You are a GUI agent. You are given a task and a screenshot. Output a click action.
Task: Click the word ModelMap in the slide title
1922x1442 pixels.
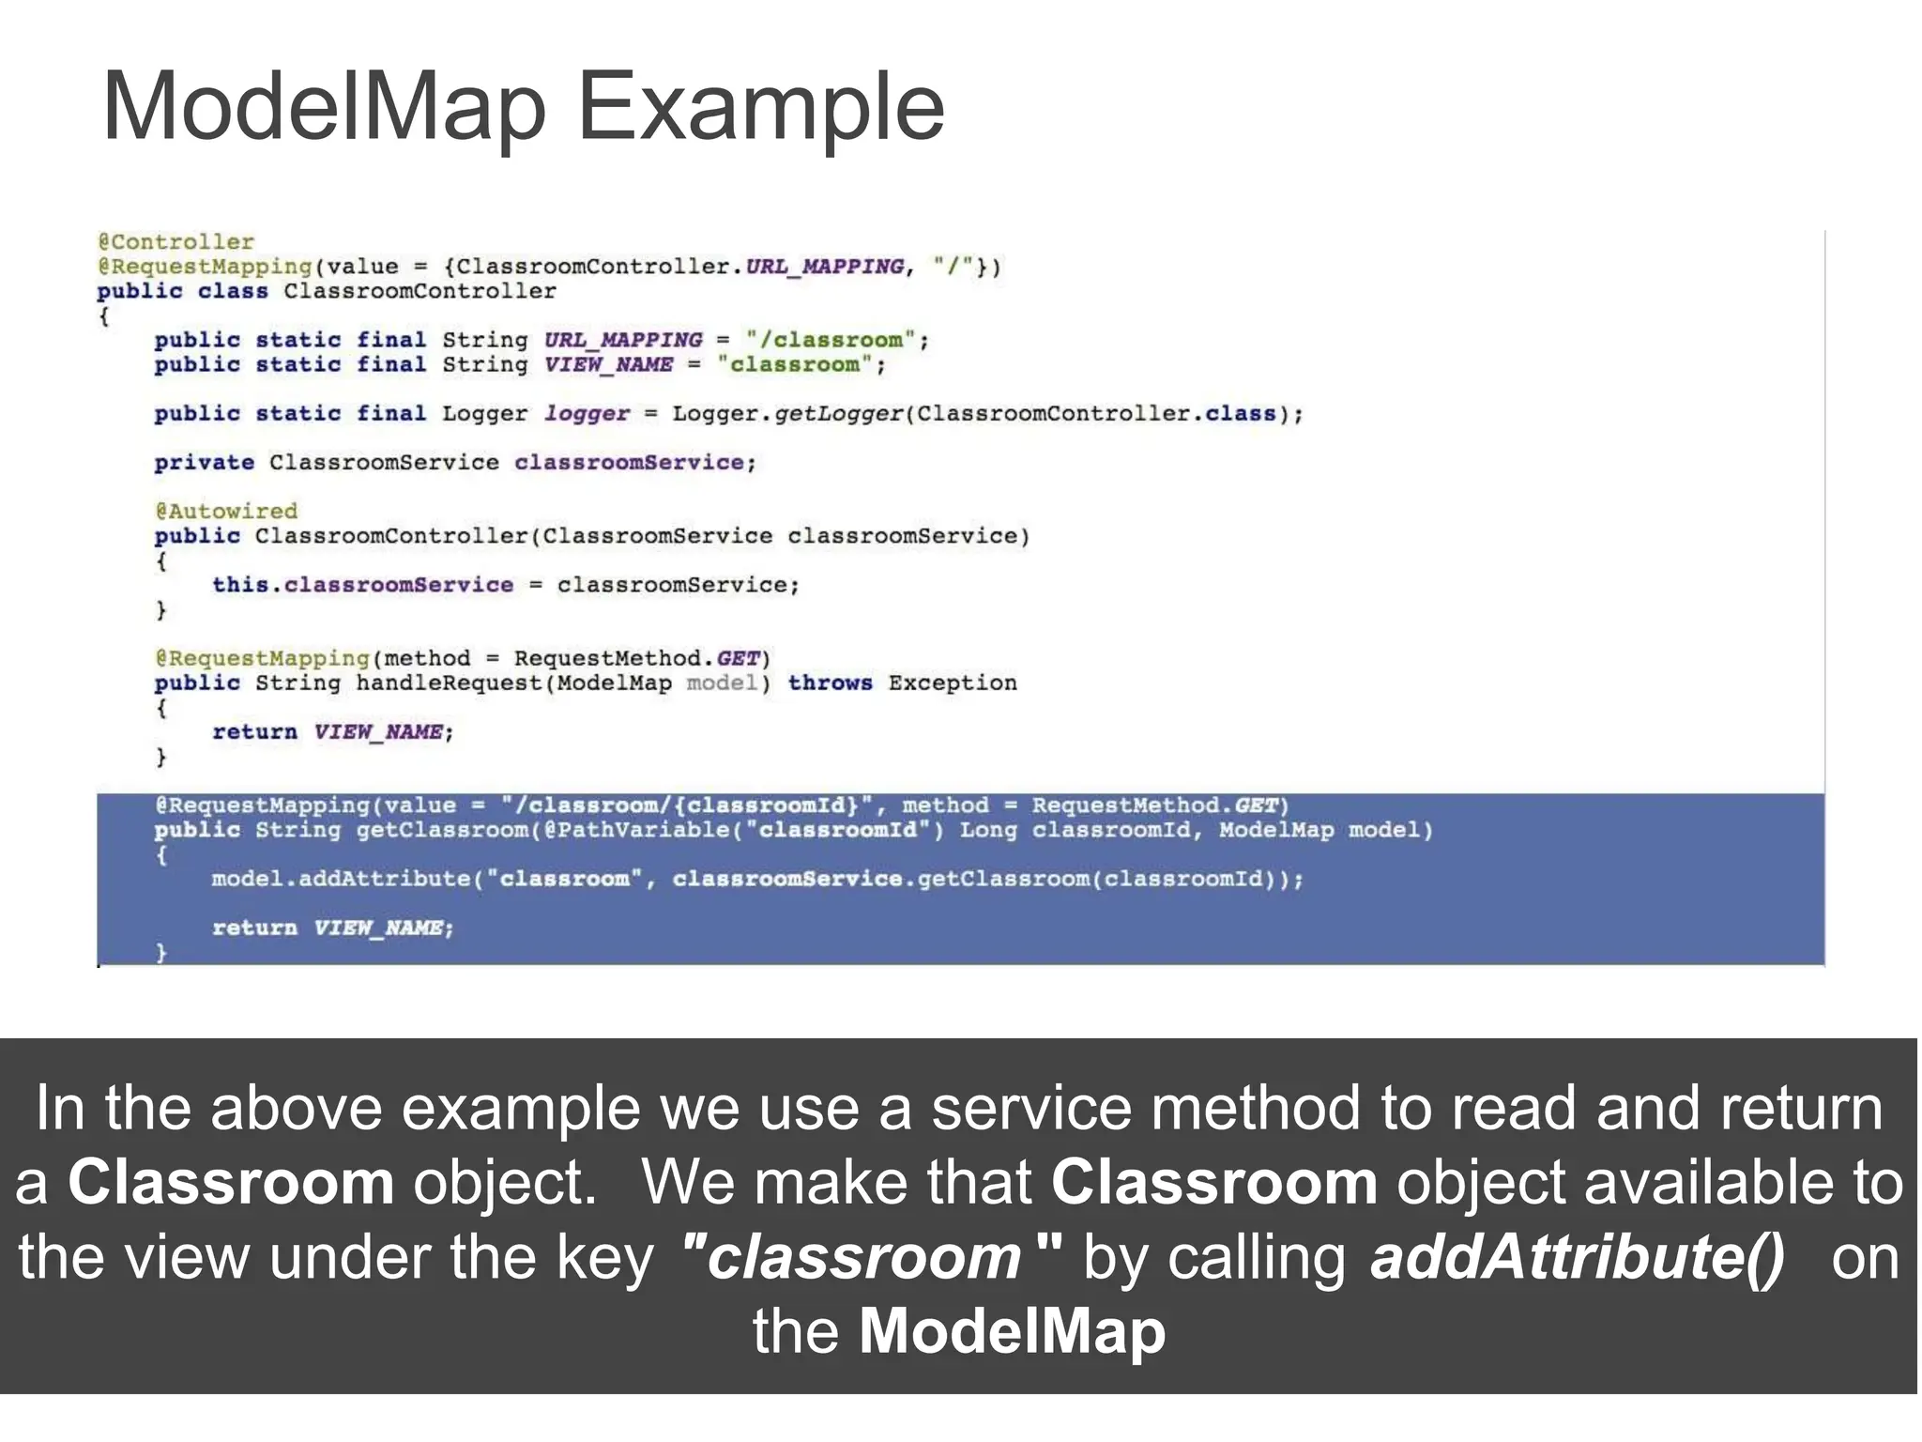[324, 107]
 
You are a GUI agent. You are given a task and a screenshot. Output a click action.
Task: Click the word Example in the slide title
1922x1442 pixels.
[760, 109]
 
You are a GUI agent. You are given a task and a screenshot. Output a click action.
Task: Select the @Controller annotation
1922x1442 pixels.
[175, 242]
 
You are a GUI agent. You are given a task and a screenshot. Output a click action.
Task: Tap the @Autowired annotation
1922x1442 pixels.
[226, 511]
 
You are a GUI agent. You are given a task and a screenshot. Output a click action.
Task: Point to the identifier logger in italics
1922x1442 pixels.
[587, 413]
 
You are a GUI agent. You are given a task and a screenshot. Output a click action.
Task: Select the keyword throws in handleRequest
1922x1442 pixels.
[830, 683]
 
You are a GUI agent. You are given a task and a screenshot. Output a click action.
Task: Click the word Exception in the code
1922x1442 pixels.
[952, 683]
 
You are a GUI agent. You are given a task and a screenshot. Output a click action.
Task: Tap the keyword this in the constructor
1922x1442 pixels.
[240, 584]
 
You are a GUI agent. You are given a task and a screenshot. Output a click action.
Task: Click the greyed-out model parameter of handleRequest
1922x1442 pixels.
[721, 683]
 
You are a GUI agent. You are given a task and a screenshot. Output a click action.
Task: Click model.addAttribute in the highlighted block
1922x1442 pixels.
[341, 879]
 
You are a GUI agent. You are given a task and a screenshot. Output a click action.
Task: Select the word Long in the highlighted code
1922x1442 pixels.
[987, 830]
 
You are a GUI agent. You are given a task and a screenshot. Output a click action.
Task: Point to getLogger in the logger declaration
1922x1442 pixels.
[839, 413]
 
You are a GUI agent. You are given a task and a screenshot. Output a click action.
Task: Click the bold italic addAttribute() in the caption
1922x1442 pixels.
[1577, 1257]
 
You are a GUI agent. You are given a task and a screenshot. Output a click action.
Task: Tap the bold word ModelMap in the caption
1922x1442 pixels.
[1012, 1331]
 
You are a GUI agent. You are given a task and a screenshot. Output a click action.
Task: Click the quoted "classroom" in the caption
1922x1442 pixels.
[872, 1257]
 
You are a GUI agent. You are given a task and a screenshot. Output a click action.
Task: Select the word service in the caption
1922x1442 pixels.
[1031, 1109]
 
